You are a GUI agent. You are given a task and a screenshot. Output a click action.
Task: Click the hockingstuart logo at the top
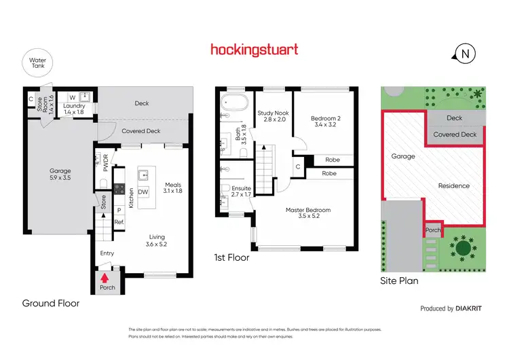254,50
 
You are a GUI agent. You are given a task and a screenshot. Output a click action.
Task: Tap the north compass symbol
465,54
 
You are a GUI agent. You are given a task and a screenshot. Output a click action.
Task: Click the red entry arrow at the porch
105,276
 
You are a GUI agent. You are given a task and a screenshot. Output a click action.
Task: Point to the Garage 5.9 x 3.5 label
59,175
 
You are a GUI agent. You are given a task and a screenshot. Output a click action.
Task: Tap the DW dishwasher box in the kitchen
143,192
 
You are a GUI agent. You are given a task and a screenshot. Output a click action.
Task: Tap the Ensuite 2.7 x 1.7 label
241,192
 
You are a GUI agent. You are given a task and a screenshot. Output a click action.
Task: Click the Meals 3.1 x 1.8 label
174,187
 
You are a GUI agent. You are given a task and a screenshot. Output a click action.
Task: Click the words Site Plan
399,280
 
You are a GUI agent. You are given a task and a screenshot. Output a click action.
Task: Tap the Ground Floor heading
51,304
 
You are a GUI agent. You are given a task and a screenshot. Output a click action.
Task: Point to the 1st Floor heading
231,258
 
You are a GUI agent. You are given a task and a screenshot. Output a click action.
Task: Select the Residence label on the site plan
453,185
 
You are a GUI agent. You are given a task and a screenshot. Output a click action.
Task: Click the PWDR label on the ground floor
105,163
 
